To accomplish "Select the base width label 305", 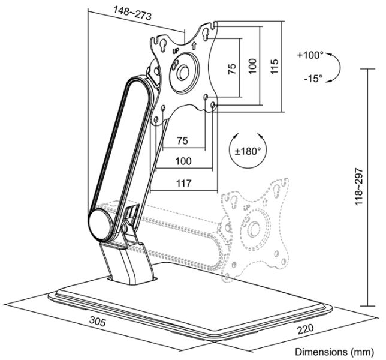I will (99, 322).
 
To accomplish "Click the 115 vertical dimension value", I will (275, 66).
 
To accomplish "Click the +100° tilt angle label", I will (310, 55).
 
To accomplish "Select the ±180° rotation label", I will (246, 151).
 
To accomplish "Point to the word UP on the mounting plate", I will (176, 52).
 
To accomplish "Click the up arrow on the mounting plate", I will (195, 46).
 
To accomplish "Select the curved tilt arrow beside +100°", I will (336, 67).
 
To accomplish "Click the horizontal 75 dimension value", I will (182, 140).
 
